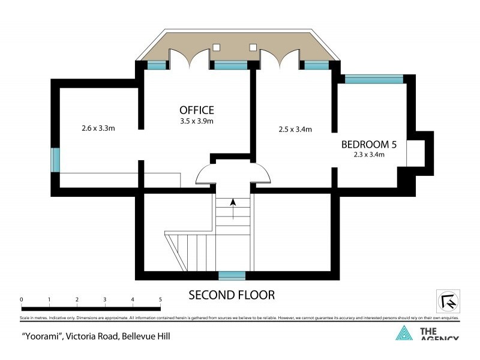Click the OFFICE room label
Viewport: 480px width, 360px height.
[x=196, y=110]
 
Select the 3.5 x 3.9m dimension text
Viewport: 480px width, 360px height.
[x=196, y=121]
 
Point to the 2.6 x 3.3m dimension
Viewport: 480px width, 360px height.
[x=98, y=128]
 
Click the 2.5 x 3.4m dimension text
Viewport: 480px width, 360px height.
[x=295, y=129]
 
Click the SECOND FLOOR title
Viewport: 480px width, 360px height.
[x=232, y=295]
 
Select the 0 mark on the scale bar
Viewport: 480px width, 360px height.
[x=21, y=299]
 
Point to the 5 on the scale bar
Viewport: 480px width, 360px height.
[x=160, y=299]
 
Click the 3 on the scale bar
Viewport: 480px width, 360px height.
[x=104, y=299]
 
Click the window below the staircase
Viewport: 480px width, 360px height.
[x=232, y=275]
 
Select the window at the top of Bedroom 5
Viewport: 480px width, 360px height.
[x=373, y=79]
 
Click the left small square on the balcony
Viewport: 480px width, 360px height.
[x=217, y=47]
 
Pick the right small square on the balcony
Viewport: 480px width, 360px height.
[x=253, y=47]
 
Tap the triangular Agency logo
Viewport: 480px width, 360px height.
[x=404, y=333]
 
